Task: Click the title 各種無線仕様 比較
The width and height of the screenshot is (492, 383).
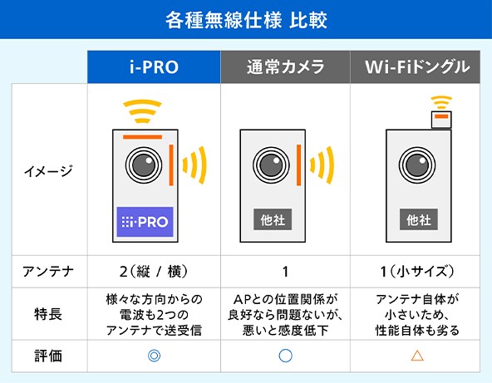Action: pos(246,18)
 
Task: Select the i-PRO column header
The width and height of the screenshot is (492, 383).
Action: pos(154,67)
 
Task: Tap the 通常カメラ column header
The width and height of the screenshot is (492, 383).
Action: pos(285,67)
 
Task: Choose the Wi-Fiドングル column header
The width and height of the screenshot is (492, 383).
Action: pos(417,67)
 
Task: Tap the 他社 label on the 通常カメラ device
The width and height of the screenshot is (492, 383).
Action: pos(272,220)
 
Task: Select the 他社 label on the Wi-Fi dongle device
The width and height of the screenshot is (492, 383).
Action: pos(418,220)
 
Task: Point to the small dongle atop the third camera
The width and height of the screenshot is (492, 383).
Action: pos(441,119)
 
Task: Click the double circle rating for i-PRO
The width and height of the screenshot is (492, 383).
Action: pos(154,356)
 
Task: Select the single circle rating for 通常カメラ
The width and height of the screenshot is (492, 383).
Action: pos(285,356)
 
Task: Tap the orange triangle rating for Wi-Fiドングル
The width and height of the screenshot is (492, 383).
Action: pos(417,356)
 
